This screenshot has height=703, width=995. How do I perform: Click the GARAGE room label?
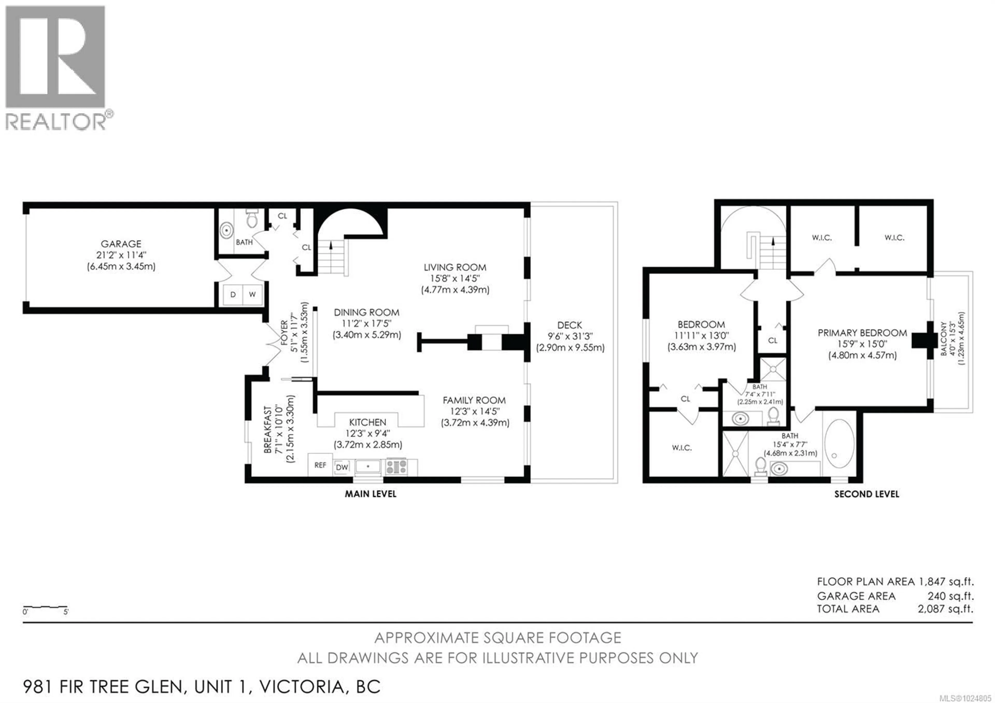pyautogui.click(x=121, y=244)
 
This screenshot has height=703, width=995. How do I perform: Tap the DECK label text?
pyautogui.click(x=570, y=325)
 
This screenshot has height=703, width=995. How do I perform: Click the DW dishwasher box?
pyautogui.click(x=342, y=467)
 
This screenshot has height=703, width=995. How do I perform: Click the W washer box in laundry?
pyautogui.click(x=252, y=294)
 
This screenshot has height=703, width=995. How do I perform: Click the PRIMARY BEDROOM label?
pyautogui.click(x=862, y=333)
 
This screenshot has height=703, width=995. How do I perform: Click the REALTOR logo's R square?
pyautogui.click(x=55, y=56)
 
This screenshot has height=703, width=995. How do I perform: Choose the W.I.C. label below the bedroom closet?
pyautogui.click(x=682, y=448)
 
